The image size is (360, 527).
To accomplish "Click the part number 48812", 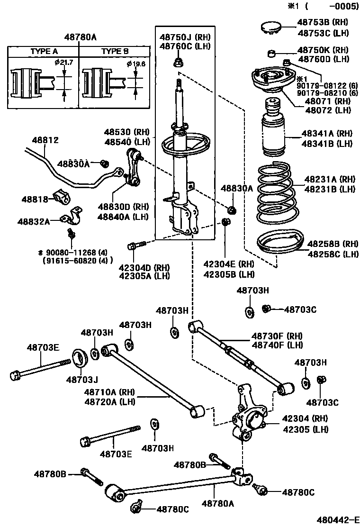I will [45, 140].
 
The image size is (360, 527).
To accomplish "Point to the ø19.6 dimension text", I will [135, 64].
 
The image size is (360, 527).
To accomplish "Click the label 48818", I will [34, 200].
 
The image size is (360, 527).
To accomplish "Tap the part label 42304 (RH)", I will [305, 419].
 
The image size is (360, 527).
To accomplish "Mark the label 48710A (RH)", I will [109, 392].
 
